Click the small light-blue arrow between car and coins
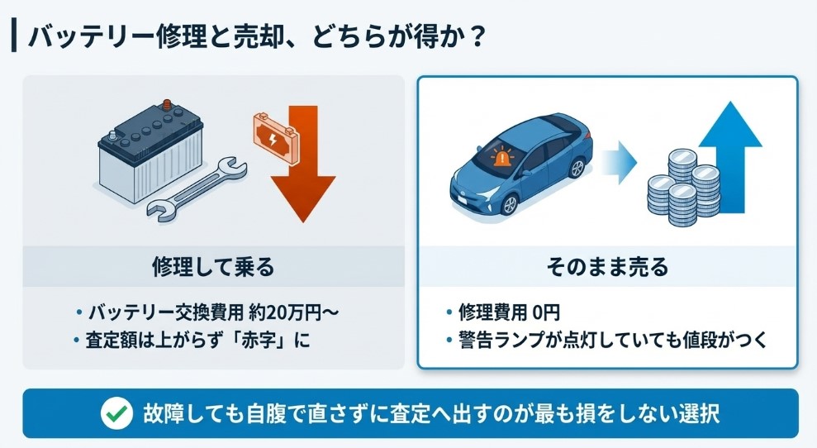click(x=616, y=162)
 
